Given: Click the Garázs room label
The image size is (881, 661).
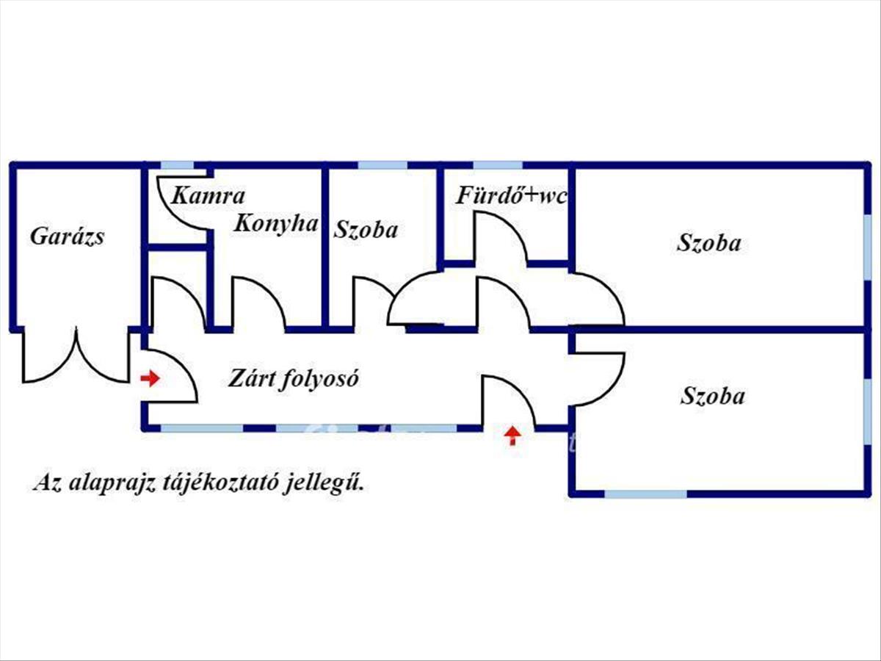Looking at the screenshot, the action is click(x=67, y=236).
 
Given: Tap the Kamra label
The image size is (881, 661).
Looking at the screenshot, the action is click(x=208, y=196).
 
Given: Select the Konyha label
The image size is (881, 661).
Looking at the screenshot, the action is click(x=276, y=223).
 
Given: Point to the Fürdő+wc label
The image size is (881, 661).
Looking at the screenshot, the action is click(x=511, y=196).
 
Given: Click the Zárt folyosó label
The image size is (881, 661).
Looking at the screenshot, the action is click(x=293, y=378).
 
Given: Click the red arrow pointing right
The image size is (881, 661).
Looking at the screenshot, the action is click(x=150, y=378).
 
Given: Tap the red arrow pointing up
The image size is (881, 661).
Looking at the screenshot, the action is click(x=512, y=436).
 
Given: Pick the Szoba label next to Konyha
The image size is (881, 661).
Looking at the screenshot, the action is click(x=366, y=230).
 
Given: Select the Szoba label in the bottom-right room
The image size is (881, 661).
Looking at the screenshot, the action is click(x=712, y=396).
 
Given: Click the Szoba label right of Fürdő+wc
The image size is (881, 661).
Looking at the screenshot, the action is click(x=708, y=243).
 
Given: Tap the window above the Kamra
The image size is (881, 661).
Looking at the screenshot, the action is click(x=177, y=165).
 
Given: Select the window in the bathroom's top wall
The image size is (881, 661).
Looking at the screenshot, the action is click(x=498, y=165).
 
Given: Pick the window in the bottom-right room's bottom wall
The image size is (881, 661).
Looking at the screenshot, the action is click(x=645, y=494).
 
